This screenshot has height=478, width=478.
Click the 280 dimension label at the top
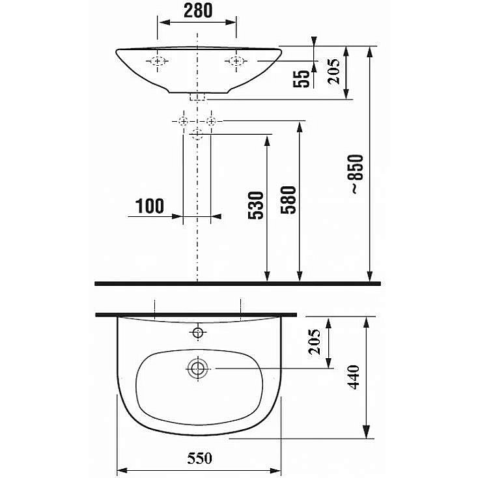point(198,10)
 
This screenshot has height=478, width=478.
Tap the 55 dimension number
point(302,79)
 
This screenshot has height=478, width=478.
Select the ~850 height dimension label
point(356,174)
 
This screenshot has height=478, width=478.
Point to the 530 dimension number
point(256,205)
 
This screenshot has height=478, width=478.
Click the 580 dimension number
point(288,200)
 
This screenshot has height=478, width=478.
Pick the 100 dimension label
point(149,206)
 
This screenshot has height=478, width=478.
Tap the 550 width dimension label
point(199,458)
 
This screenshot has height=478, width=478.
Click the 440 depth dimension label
point(354,377)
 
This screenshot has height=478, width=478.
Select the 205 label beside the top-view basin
point(315,342)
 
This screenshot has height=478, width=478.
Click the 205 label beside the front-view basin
point(333,71)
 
